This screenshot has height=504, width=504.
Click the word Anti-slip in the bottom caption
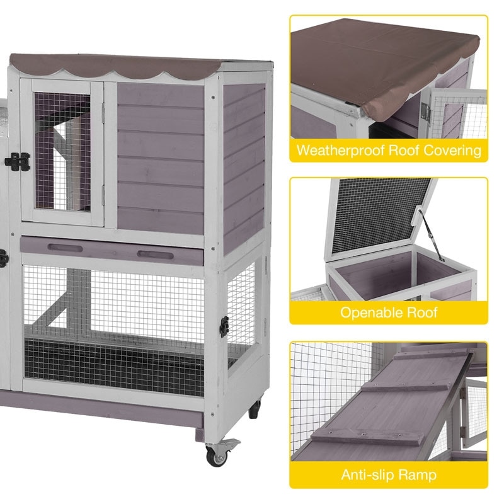[370, 475]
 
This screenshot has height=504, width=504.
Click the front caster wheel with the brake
[218, 452]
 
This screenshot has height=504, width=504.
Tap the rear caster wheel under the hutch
[255, 408]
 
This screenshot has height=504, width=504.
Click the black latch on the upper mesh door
[17, 162]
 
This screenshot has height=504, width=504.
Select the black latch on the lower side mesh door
[224, 326]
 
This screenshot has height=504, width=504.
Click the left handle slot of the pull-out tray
[65, 248]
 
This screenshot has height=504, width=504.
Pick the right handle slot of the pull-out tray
[155, 255]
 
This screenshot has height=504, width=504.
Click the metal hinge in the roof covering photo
[427, 110]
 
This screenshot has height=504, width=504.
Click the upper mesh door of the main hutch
[62, 151]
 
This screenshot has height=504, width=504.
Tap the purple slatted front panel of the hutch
[161, 157]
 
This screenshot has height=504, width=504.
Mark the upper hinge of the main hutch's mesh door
[103, 111]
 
